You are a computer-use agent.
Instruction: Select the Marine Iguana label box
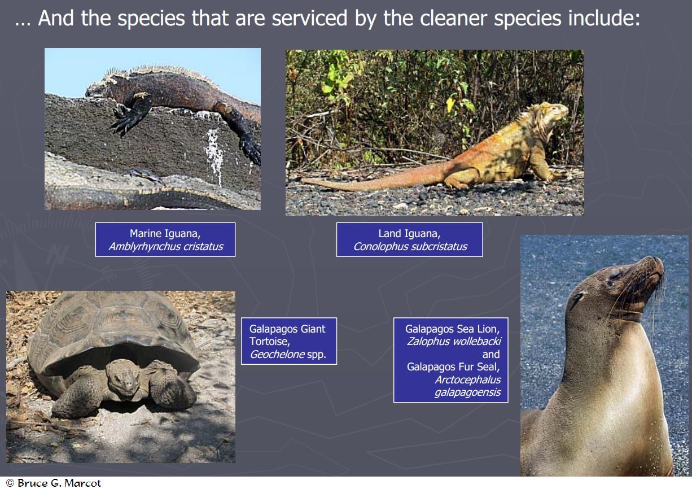pos(165,239)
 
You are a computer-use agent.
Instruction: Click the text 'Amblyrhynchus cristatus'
pos(166,247)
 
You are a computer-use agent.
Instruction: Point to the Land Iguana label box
pos(410,239)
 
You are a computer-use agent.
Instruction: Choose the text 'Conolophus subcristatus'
pos(410,247)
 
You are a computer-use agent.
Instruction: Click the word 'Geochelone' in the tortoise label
pos(277,354)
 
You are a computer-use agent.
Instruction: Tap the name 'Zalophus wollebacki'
pos(454,341)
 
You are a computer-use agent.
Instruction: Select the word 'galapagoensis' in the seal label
pos(468,392)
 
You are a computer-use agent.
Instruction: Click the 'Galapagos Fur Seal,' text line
pos(453,367)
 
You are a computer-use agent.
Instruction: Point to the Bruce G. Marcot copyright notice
pos(54,483)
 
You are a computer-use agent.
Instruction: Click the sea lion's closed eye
pos(615,276)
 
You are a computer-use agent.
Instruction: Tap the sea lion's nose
pos(659,263)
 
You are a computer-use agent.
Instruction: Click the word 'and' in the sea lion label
pos(491,354)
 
